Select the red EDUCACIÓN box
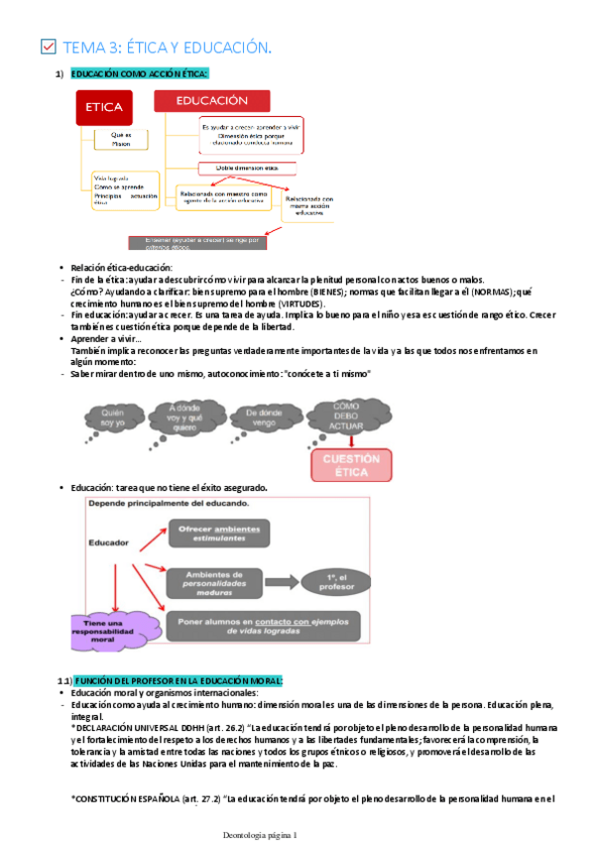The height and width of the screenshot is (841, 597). coord(211,101)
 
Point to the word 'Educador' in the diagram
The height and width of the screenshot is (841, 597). coord(109,543)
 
